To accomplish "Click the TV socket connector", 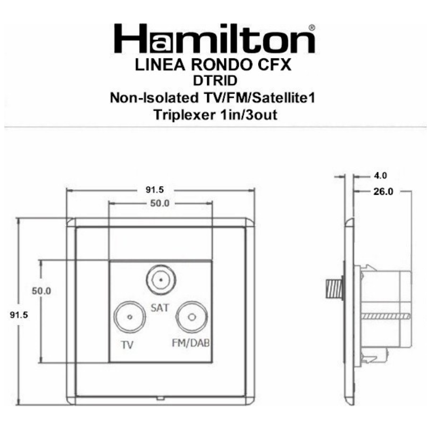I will click(x=129, y=318).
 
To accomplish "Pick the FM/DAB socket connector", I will click(x=191, y=318).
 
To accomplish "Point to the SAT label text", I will click(x=160, y=308).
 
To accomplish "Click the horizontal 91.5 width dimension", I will click(x=159, y=190).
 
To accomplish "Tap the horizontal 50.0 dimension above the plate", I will click(x=159, y=203).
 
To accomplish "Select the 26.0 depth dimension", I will click(x=383, y=191).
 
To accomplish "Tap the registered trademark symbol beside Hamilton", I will click(x=311, y=27).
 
